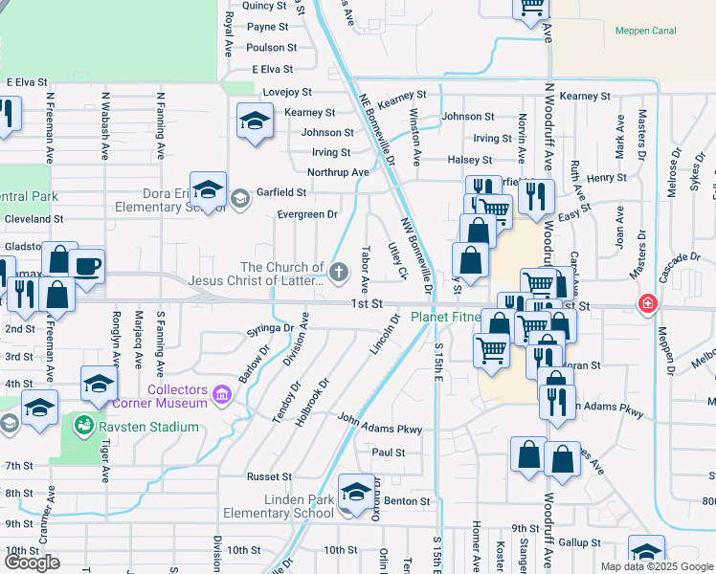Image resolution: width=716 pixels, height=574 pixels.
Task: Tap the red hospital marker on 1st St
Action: pyautogui.click(x=648, y=303)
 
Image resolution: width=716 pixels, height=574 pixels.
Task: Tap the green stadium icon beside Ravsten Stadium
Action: pyautogui.click(x=85, y=425)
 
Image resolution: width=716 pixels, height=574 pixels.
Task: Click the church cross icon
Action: pyautogui.click(x=338, y=274)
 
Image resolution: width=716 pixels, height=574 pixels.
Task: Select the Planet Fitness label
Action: pyautogui.click(x=446, y=318)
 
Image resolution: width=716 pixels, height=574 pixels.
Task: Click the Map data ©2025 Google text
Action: pyautogui.click(x=656, y=566)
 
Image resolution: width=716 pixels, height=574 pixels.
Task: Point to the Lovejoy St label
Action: pyautogui.click(x=288, y=92)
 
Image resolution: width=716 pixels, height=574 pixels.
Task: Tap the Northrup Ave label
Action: pyautogui.click(x=337, y=172)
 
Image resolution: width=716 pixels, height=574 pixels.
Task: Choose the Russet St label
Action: pyautogui.click(x=269, y=476)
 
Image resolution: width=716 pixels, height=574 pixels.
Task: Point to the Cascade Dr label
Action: pyautogui.click(x=680, y=258)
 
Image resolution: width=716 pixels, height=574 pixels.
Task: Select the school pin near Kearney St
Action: pyautogui.click(x=254, y=121)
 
